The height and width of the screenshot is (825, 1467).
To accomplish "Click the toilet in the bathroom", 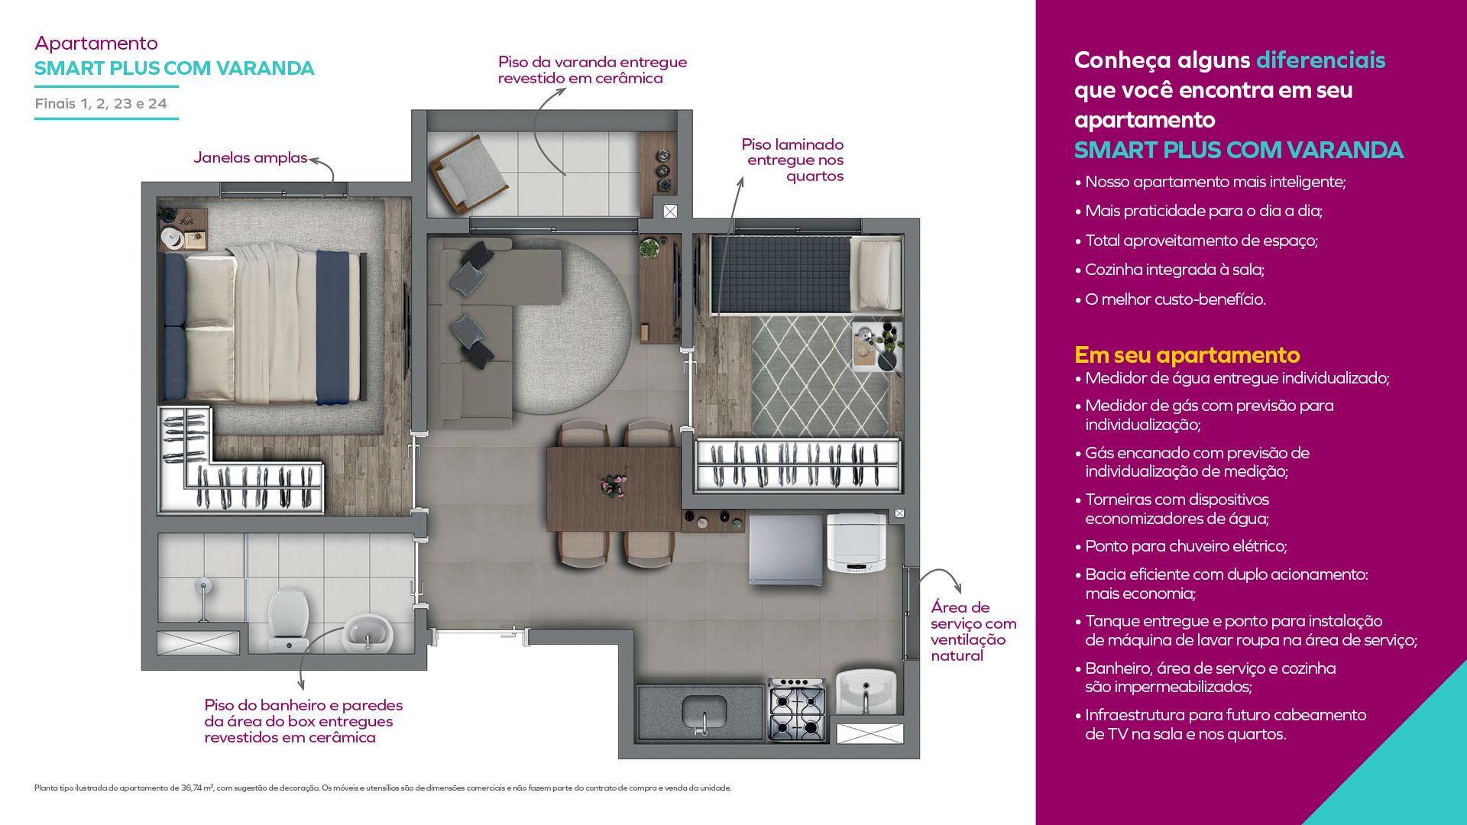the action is point(289,620).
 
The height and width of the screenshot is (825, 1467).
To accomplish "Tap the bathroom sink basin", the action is point(368,632).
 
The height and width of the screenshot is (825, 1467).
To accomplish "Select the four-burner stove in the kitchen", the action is point(797,710).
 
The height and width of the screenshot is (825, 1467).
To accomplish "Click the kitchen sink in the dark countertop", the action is point(704,711).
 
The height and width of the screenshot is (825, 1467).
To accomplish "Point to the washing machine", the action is point(857,543).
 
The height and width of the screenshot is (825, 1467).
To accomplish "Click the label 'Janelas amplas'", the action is point(250,157).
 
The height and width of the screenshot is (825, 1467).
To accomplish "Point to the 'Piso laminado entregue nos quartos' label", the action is point(793,160).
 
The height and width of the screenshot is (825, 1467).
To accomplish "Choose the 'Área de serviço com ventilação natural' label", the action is point(973,631).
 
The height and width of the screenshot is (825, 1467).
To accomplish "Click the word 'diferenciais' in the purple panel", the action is point(1320,60).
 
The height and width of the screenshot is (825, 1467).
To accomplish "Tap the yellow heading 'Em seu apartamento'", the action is point(1187,354).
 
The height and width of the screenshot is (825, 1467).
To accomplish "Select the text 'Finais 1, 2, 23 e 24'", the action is point(101,104).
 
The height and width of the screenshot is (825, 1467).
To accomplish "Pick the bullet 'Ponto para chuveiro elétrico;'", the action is point(1180,546).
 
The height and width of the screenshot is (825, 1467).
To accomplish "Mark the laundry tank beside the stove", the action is point(866,692).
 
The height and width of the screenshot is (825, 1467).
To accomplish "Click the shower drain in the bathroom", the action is point(202,587).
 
